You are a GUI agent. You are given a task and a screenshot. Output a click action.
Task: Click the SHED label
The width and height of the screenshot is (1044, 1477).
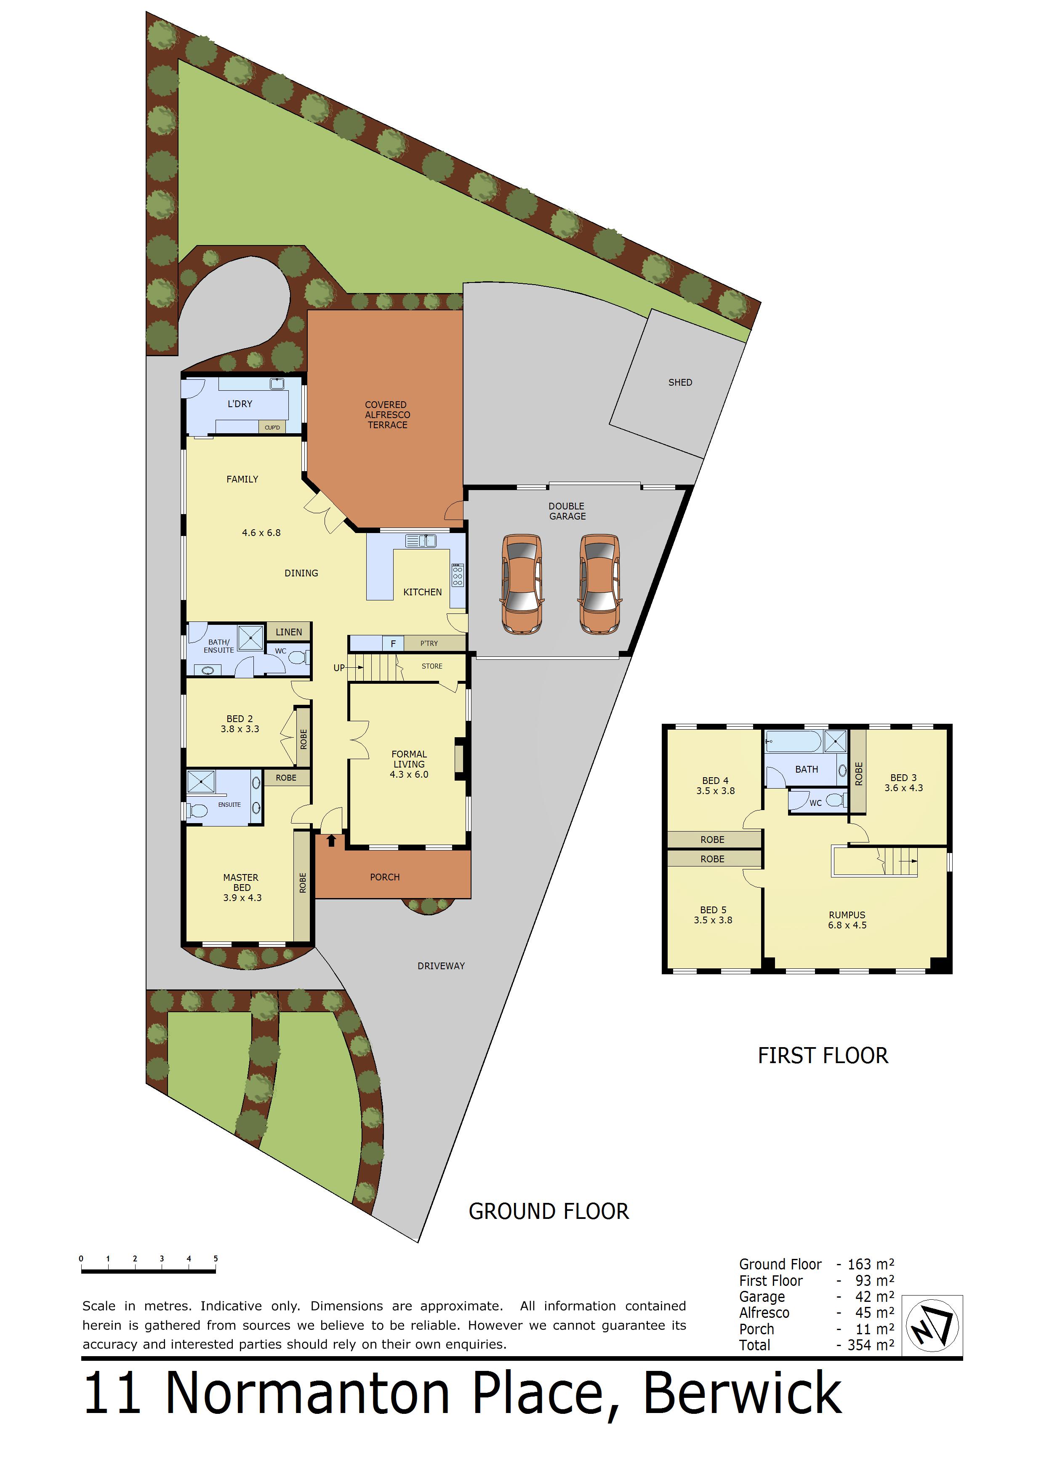680,382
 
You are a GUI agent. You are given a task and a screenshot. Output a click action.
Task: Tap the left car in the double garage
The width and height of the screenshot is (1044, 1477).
522,584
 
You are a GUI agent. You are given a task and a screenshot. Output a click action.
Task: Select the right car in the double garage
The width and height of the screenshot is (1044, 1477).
600,584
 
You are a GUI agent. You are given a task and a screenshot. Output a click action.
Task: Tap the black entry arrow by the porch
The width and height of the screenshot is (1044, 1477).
331,840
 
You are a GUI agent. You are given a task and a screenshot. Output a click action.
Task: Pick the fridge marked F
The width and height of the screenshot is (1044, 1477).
394,643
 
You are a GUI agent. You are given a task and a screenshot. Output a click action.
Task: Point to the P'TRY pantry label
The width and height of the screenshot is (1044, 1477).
429,643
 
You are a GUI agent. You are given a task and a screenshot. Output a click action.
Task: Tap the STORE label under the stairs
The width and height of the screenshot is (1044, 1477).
432,667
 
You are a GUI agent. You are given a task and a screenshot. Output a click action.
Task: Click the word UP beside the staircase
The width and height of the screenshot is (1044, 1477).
339,668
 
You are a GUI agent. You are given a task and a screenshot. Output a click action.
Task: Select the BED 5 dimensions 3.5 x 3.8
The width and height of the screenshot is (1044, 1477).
713,920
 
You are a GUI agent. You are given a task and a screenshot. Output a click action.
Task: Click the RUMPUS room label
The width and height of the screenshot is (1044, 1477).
847,915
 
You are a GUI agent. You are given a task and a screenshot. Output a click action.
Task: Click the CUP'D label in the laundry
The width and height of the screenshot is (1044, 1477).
272,427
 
